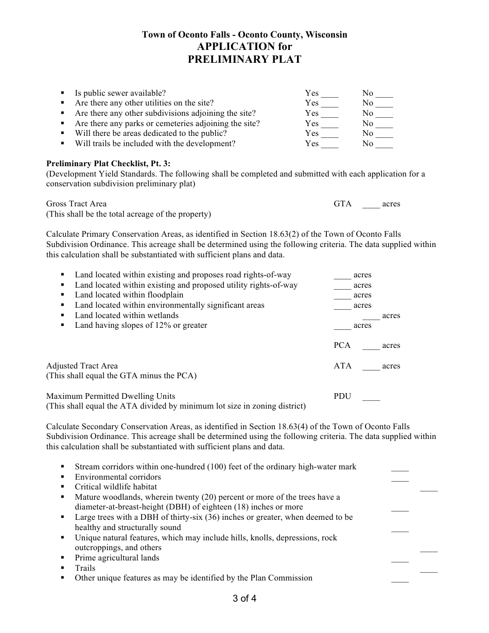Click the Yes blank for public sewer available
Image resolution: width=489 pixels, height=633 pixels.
[329, 95]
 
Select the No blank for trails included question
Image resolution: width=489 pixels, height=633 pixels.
[384, 145]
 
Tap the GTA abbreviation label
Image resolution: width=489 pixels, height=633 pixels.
[342, 204]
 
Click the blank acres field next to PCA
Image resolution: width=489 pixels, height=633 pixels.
[371, 347]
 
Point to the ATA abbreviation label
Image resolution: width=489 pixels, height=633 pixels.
[342, 366]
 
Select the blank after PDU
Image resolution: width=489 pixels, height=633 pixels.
[371, 398]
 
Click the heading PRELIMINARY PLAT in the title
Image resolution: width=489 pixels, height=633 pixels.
[244, 59]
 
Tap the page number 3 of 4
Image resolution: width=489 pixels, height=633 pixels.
[244, 599]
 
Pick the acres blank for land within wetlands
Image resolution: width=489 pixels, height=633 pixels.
[371, 318]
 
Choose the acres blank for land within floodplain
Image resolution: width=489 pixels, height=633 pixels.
[342, 297]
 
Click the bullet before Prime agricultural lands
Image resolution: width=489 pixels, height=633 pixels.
[62, 558]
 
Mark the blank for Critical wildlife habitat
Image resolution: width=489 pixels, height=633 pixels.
[428, 489]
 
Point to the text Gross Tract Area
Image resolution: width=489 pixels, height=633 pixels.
[77, 204]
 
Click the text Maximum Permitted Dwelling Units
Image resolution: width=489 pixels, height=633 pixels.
[111, 396]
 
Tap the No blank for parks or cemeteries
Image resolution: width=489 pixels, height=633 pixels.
[384, 125]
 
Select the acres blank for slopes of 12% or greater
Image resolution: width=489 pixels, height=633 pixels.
[342, 327]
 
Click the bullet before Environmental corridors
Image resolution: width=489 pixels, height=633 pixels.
[62, 477]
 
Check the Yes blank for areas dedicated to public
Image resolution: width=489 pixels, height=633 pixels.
[329, 135]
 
